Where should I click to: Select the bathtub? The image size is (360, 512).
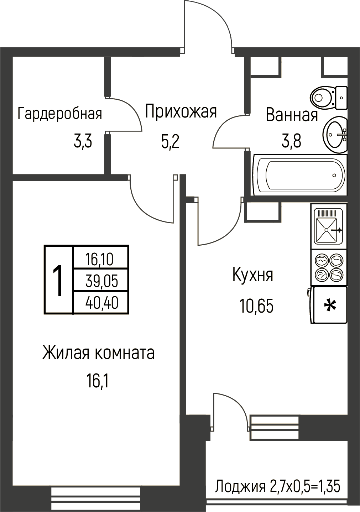300,175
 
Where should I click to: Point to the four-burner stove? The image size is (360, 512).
329,268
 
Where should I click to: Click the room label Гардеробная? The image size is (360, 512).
60,114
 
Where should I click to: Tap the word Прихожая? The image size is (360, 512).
181,111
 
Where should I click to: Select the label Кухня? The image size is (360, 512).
253,276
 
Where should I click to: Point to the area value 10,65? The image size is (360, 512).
256,306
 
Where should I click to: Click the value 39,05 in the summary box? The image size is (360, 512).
102,281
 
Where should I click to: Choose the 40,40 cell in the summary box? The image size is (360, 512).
102,303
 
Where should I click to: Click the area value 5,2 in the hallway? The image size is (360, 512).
170,142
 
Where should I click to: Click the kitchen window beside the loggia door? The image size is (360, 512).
274,427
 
